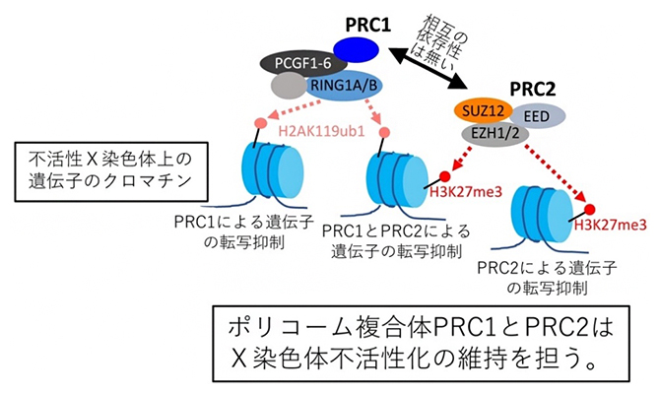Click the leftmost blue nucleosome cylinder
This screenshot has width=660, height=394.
269,173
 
